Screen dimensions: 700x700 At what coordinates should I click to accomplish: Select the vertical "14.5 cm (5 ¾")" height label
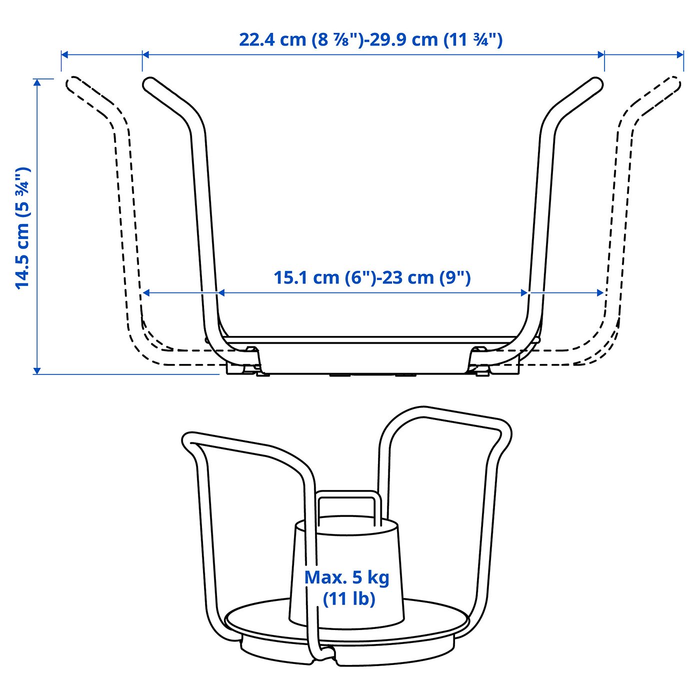(22, 227)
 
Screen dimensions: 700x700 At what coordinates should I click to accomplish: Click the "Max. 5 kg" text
(346, 577)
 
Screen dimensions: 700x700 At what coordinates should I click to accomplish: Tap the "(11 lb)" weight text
(348, 598)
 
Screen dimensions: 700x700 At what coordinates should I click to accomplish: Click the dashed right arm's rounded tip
(675, 83)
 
